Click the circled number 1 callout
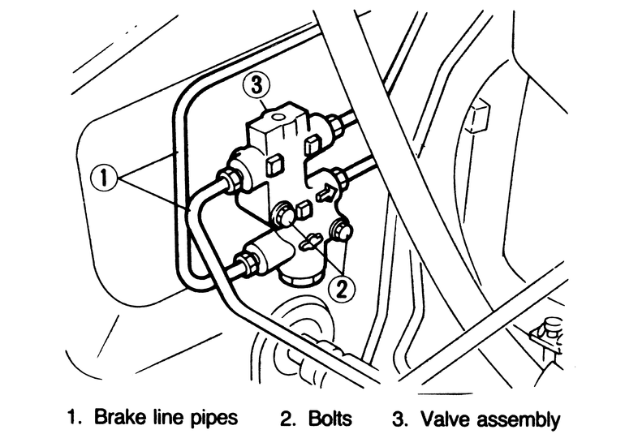[x=104, y=178]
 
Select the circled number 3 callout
[x=256, y=85]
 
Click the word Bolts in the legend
[x=330, y=419]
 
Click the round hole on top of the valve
[x=278, y=117]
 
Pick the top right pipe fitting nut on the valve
[x=334, y=124]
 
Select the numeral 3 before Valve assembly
[x=399, y=419]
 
